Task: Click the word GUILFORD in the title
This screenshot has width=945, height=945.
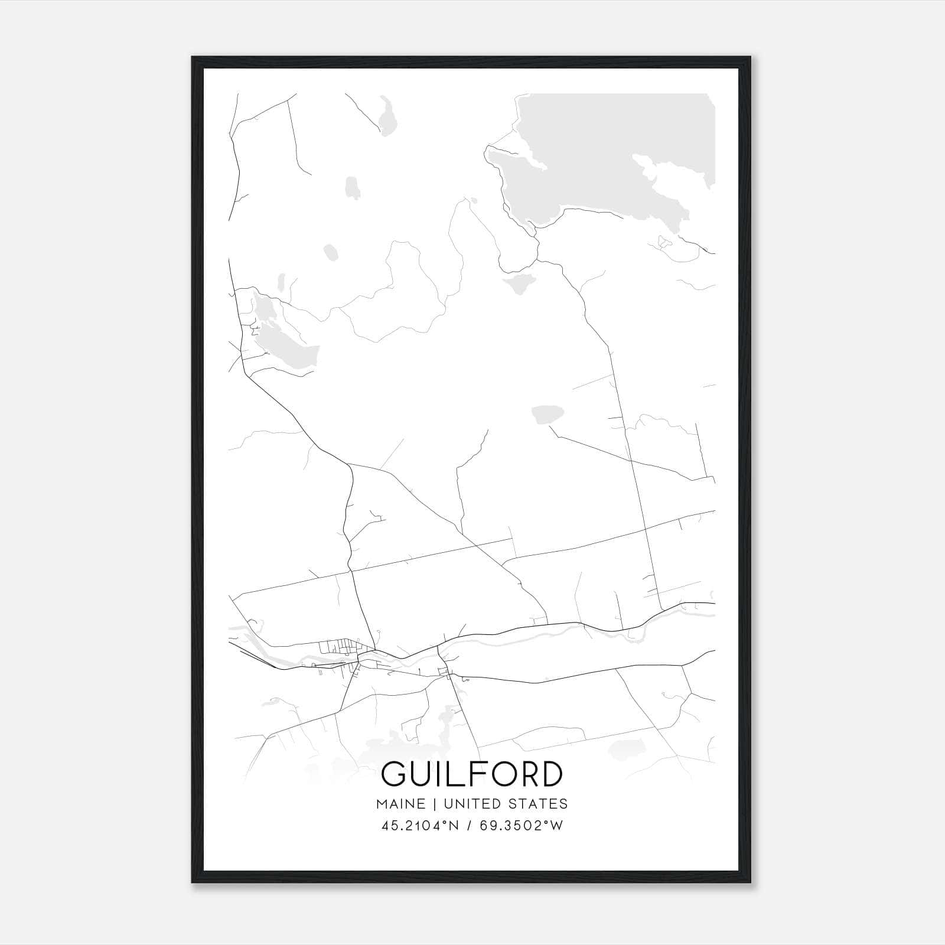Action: [472, 774]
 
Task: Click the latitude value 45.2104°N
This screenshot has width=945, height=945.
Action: [420, 826]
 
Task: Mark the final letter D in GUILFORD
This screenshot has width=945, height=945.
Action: [550, 774]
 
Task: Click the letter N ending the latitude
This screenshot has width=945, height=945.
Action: [454, 826]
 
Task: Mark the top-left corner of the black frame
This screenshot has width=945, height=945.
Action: [193, 57]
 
